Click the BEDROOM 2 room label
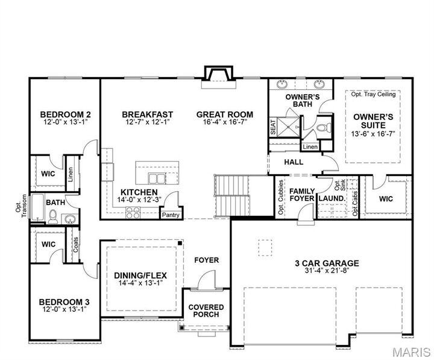click(x=65, y=115)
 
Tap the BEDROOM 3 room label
click(x=65, y=302)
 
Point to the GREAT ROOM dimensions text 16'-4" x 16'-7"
click(x=225, y=124)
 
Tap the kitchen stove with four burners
click(x=133, y=212)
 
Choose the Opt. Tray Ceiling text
click(x=373, y=95)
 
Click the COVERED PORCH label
click(x=206, y=311)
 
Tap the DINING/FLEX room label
click(x=140, y=280)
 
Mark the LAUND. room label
click(x=332, y=198)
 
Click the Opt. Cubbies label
click(x=281, y=198)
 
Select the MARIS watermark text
click(x=410, y=351)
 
